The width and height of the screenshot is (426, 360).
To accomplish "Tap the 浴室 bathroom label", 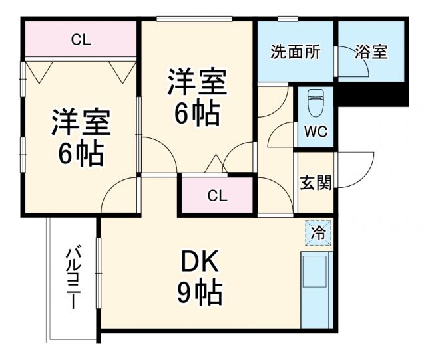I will tap(371, 52).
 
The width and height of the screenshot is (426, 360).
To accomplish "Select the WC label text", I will tap(316, 131).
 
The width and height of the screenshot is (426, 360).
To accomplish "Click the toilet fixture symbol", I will tap(316, 103).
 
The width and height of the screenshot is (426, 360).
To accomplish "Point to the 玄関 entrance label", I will tap(315, 182).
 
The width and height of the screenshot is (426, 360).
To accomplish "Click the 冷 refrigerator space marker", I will tap(319, 233).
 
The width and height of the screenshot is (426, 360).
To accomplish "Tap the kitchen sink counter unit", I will tap(316, 288).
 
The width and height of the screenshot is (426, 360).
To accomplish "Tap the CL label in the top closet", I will tap(81, 40).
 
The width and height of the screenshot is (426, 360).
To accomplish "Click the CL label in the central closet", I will tap(216, 196).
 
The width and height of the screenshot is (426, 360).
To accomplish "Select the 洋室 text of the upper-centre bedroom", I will tap(197, 82).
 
